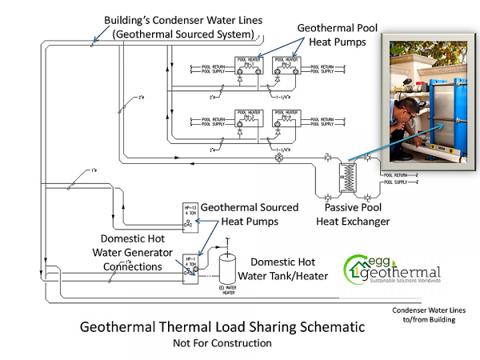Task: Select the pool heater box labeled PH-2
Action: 285,60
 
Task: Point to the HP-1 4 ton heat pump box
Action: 192,265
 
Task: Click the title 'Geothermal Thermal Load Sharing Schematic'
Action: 222,327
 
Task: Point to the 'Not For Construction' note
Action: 222,343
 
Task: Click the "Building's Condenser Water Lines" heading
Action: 182,26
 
